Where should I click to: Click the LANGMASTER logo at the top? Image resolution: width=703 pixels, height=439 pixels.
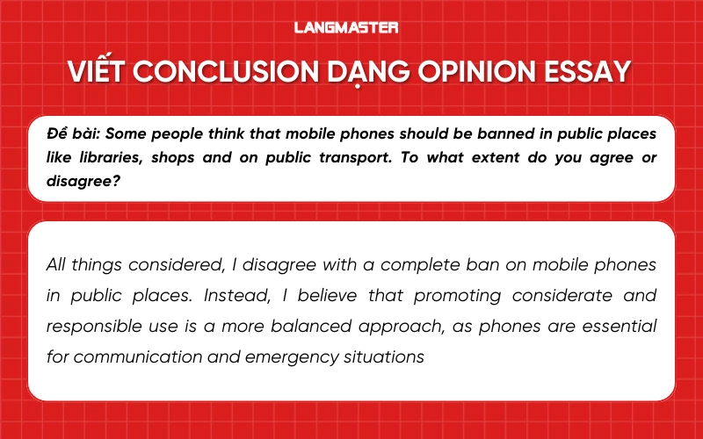click(x=351, y=27)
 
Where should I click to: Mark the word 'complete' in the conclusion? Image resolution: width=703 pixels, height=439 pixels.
click(x=417, y=265)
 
